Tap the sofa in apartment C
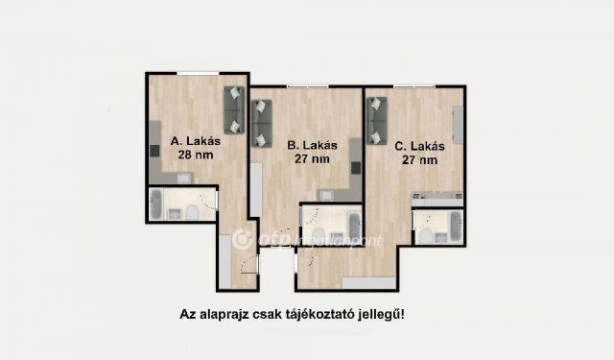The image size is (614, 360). click(x=377, y=121)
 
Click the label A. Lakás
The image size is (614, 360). click(x=197, y=140)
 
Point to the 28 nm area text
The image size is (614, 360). click(x=196, y=155)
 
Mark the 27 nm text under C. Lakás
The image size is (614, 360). click(x=420, y=161)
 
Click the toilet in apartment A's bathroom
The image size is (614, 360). click(x=194, y=211)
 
